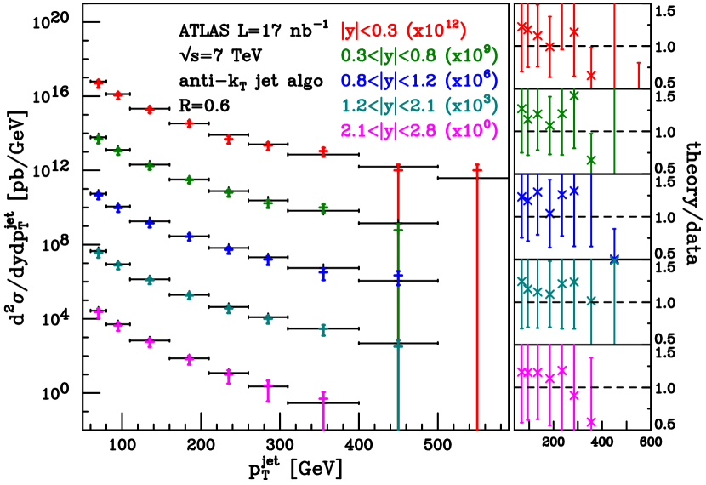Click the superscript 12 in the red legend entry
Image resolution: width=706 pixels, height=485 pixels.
pos(457,24)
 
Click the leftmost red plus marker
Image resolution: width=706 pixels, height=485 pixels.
pos(99,83)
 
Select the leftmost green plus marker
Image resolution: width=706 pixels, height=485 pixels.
pos(99,140)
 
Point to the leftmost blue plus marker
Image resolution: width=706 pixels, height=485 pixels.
pos(99,196)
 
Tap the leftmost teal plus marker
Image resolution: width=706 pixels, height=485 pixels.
pos(99,254)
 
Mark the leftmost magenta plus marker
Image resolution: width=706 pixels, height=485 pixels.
pos(99,313)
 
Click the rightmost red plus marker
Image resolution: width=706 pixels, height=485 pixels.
pos(477,170)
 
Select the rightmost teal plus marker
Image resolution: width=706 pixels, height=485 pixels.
pos(398,345)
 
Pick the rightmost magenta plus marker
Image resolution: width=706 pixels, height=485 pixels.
pos(323,397)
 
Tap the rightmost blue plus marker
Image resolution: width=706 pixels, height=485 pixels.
pos(398,277)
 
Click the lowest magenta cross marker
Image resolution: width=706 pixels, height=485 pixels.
pos(591,421)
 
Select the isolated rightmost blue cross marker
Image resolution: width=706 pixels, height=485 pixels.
pos(614,260)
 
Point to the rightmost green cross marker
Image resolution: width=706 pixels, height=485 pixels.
pos(591,159)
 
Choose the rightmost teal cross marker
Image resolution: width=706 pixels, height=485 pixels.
pos(591,300)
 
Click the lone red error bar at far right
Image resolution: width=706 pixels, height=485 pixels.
pos(638,73)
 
